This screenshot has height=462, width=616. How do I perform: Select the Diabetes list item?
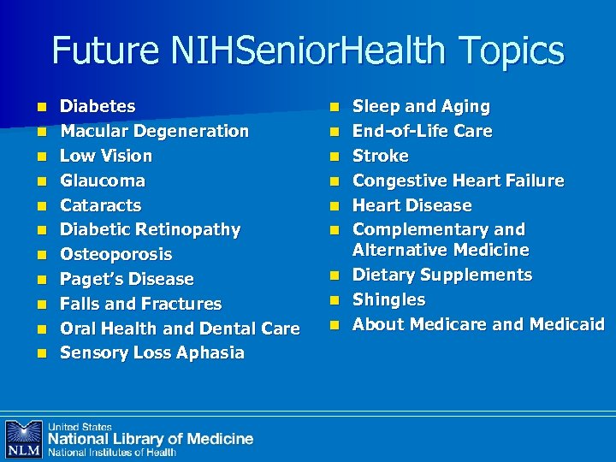tap(98, 107)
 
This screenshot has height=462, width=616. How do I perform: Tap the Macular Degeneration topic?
tap(154, 132)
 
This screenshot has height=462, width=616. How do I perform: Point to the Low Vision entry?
tap(106, 157)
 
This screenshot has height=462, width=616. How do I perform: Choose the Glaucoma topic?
tap(103, 181)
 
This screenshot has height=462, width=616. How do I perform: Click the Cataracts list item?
tap(100, 206)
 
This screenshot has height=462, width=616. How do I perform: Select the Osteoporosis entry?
tap(115, 255)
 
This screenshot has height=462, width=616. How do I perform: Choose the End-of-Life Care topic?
tap(423, 132)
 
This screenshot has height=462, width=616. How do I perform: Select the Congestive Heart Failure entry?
tap(459, 181)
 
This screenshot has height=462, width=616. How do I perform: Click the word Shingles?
tap(389, 300)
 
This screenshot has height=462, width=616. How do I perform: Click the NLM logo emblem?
tap(23, 439)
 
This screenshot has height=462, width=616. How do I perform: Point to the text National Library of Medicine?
tap(151, 439)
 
